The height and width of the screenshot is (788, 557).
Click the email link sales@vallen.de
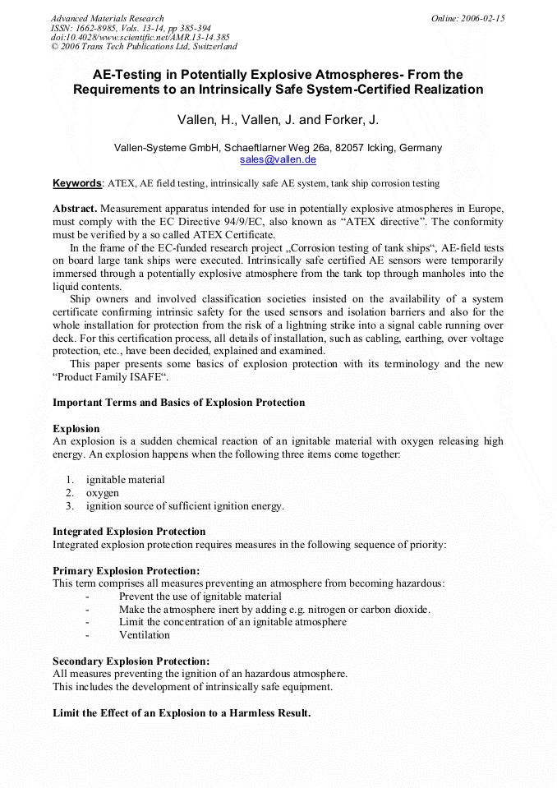pos(278,160)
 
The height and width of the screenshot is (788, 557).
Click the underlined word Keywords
pos(77,183)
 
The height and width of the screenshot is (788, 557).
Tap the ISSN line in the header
pos(130,28)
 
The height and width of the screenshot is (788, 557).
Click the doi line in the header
pos(140,37)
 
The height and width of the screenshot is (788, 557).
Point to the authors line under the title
pos(278,120)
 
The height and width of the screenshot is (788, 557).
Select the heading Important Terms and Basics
pos(178,403)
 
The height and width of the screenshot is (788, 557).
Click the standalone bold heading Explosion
pos(76,429)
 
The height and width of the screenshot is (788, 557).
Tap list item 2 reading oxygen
pos(102,493)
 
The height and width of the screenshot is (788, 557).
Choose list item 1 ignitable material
pos(125,480)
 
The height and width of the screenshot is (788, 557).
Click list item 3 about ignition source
pos(184,506)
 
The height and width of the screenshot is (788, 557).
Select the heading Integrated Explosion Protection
pos(129,532)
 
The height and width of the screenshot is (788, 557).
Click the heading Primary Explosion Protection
pos(126,570)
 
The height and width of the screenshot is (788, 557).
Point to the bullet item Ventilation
pos(145,635)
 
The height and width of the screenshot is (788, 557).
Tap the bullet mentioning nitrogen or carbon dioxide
pos(274,610)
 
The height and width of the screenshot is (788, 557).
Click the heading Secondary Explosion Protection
pos(131,661)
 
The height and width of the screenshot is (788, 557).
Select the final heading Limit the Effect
pos(182,713)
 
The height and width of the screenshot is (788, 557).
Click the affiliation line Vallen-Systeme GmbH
pos(278,148)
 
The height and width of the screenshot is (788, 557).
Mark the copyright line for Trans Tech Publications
pos(144,47)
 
